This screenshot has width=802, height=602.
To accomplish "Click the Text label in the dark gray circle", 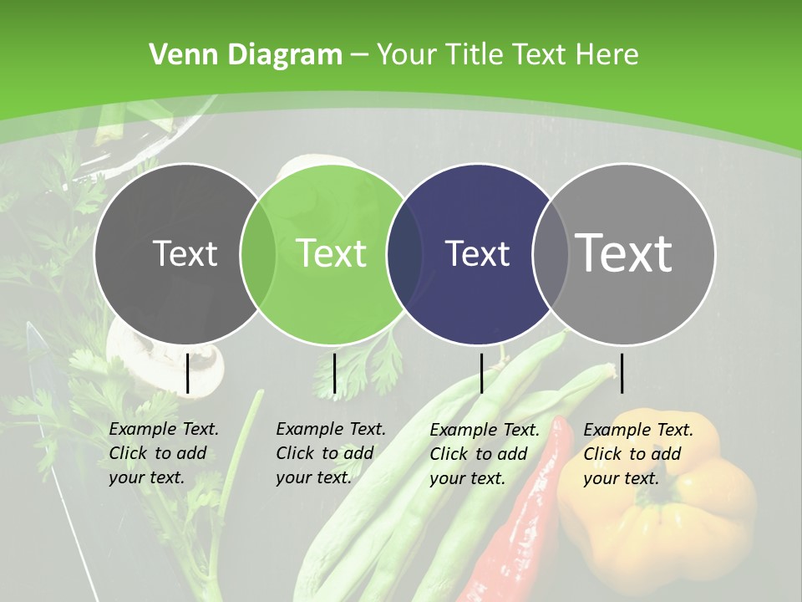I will point(185,253).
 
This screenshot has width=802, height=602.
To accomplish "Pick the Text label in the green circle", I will point(331,253).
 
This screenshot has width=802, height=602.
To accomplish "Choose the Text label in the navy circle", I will point(477,253).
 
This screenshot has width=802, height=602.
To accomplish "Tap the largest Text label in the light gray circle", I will point(623,253).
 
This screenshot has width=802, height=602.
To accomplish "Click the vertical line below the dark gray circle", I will point(187,373).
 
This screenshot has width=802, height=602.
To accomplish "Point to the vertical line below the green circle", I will point(334,373).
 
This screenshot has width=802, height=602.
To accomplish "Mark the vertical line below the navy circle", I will point(481,373).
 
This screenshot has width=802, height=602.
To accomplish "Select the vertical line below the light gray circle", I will point(622,373).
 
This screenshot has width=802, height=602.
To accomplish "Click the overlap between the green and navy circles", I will point(404,253).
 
